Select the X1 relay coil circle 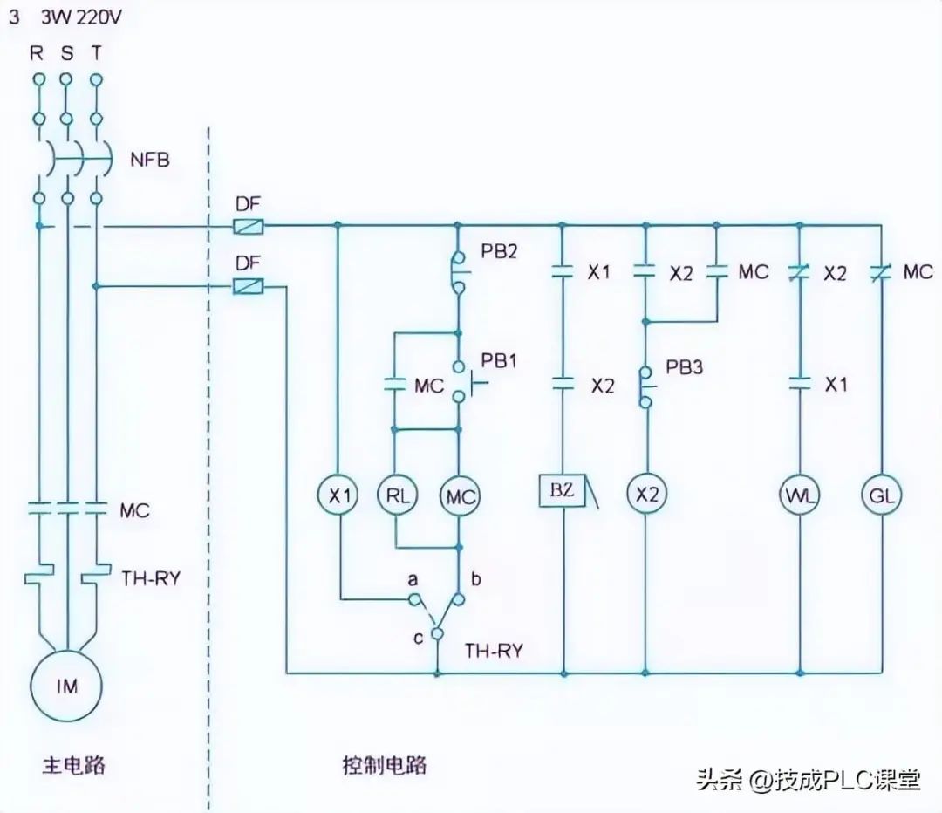pyautogui.click(x=338, y=495)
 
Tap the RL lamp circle pyautogui.click(x=397, y=495)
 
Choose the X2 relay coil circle pyautogui.click(x=646, y=495)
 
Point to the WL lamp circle pyautogui.click(x=800, y=495)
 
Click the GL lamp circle pyautogui.click(x=881, y=495)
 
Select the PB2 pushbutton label pyautogui.click(x=499, y=253)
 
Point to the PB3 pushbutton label pyautogui.click(x=685, y=367)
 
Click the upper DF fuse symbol pyautogui.click(x=249, y=227)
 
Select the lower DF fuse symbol pyautogui.click(x=249, y=285)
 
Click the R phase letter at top pyautogui.click(x=37, y=52)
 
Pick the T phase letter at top pyautogui.click(x=96, y=52)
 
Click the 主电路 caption pyautogui.click(x=74, y=767)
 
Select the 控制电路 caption pyautogui.click(x=384, y=767)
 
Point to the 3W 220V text pyautogui.click(x=81, y=17)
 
